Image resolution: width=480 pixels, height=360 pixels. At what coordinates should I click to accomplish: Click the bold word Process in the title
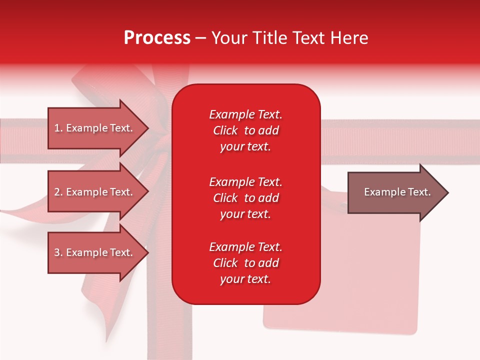tap(157, 38)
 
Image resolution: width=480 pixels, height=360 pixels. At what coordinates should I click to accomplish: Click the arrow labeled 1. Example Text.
tap(95, 128)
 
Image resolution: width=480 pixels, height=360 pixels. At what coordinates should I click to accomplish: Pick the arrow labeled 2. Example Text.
tap(95, 192)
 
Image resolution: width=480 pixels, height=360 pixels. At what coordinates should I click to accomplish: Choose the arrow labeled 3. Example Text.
tap(95, 252)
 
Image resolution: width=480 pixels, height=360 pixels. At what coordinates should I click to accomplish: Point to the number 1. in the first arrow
tap(58, 128)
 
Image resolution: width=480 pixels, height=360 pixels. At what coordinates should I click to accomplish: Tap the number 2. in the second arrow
tap(58, 192)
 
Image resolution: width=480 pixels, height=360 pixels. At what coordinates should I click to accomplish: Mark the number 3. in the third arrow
tap(58, 252)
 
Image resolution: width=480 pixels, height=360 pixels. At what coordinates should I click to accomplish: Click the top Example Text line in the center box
tap(245, 114)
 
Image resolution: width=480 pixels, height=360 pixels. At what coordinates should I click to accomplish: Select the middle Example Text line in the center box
tap(245, 182)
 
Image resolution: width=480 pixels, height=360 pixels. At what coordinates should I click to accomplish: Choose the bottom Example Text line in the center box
tap(245, 247)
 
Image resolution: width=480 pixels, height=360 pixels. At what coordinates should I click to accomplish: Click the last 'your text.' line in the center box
tap(245, 279)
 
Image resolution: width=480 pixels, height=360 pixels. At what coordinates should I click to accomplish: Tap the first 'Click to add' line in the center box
tap(245, 130)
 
